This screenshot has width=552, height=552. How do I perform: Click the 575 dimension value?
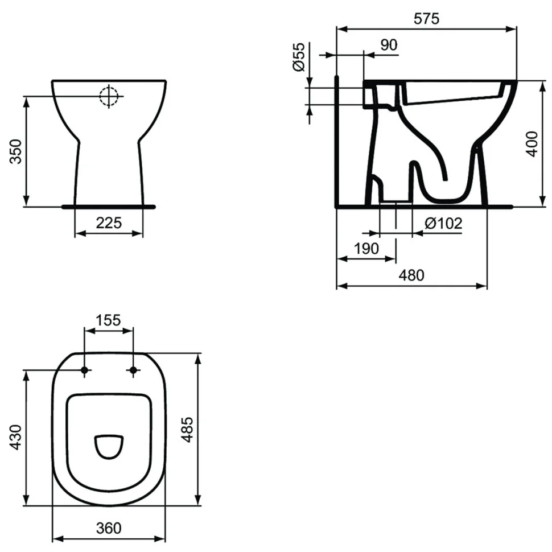pos(426,19)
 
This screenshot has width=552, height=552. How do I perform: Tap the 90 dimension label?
pos(389,45)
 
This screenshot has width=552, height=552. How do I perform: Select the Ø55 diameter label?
pos(299,57)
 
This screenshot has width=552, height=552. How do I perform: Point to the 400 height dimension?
pos(532,143)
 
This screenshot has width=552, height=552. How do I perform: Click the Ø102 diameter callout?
pos(443,223)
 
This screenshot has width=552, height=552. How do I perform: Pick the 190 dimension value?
pos(366,249)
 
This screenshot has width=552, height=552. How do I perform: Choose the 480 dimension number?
pos(411,275)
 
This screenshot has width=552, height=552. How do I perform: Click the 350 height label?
pos(16,151)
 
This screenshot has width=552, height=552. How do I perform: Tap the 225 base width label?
pos(109,223)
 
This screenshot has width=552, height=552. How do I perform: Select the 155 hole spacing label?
pos(108,320)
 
